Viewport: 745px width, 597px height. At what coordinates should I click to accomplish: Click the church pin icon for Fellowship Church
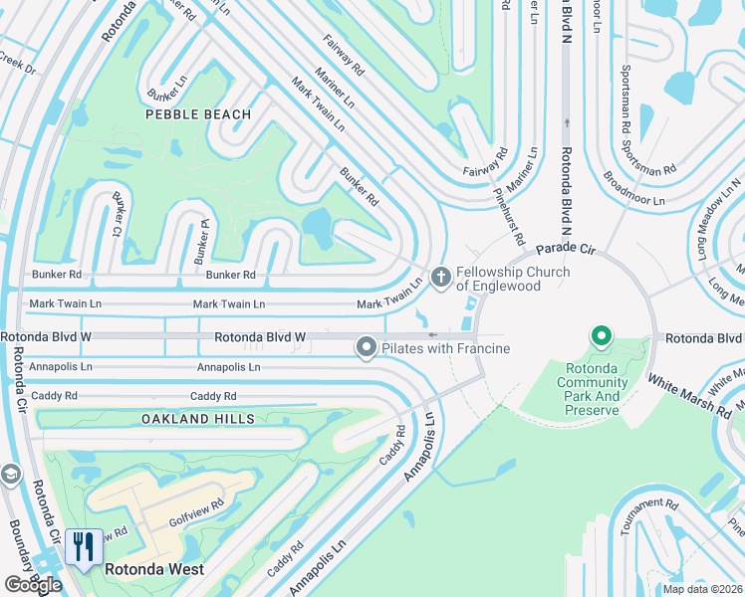pyautogui.click(x=441, y=274)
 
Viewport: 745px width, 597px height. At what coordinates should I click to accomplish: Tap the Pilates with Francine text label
pyautogui.click(x=445, y=348)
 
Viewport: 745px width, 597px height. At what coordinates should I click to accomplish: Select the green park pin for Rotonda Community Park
pyautogui.click(x=601, y=338)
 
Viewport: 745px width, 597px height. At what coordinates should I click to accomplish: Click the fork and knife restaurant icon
pyautogui.click(x=83, y=546)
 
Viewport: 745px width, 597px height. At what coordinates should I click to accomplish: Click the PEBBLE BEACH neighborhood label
pyautogui.click(x=198, y=114)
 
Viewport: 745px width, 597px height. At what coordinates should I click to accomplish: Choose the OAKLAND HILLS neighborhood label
pyautogui.click(x=197, y=419)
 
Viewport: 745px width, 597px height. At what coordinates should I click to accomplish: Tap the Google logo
pyautogui.click(x=33, y=585)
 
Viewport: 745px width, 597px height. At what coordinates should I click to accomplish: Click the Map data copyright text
pyautogui.click(x=702, y=589)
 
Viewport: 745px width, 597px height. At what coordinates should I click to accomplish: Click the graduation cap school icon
pyautogui.click(x=10, y=474)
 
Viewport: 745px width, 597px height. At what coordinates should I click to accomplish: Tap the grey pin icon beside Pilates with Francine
pyautogui.click(x=366, y=347)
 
